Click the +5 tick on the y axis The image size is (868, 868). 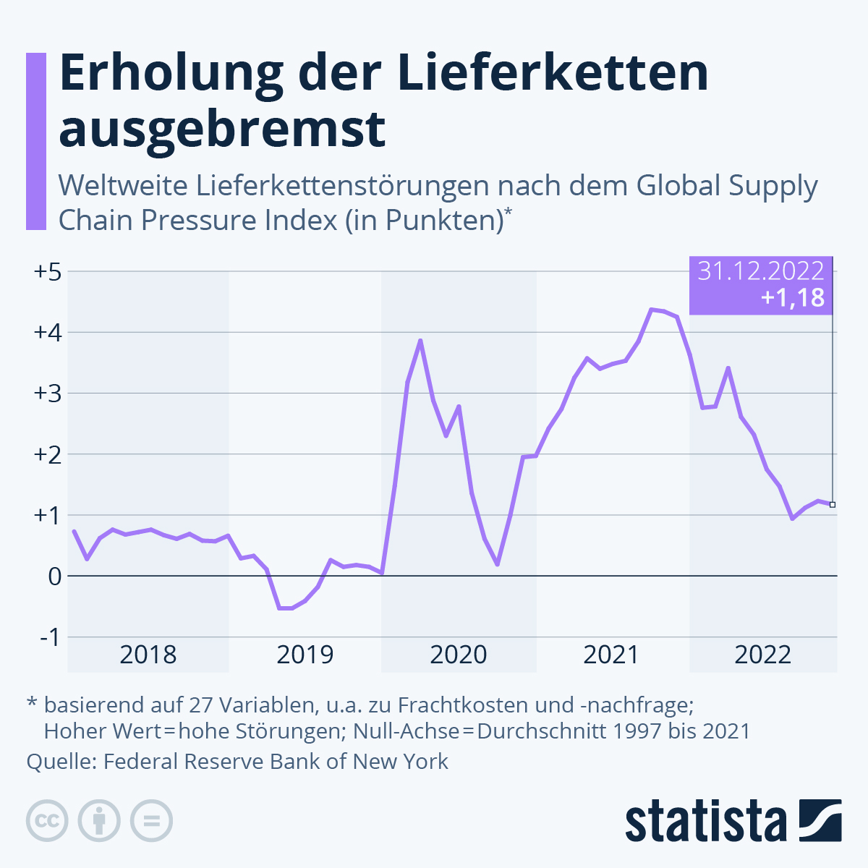coord(48,273)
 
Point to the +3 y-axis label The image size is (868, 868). coord(48,394)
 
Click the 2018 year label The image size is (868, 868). coord(148,655)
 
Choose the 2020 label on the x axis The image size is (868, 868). coord(459,655)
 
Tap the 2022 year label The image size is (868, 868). coord(763,655)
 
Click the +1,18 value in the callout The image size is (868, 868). coord(793,297)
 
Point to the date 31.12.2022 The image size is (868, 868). coord(760,271)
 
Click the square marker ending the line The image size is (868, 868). coord(833,504)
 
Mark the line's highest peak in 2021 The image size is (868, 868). coord(651,310)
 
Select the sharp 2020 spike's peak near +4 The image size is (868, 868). coord(420,341)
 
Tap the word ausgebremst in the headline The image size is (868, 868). coord(222,129)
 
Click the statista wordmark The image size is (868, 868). coord(706,821)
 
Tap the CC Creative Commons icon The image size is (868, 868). coord(47,821)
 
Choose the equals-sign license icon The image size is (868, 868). coord(151,821)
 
